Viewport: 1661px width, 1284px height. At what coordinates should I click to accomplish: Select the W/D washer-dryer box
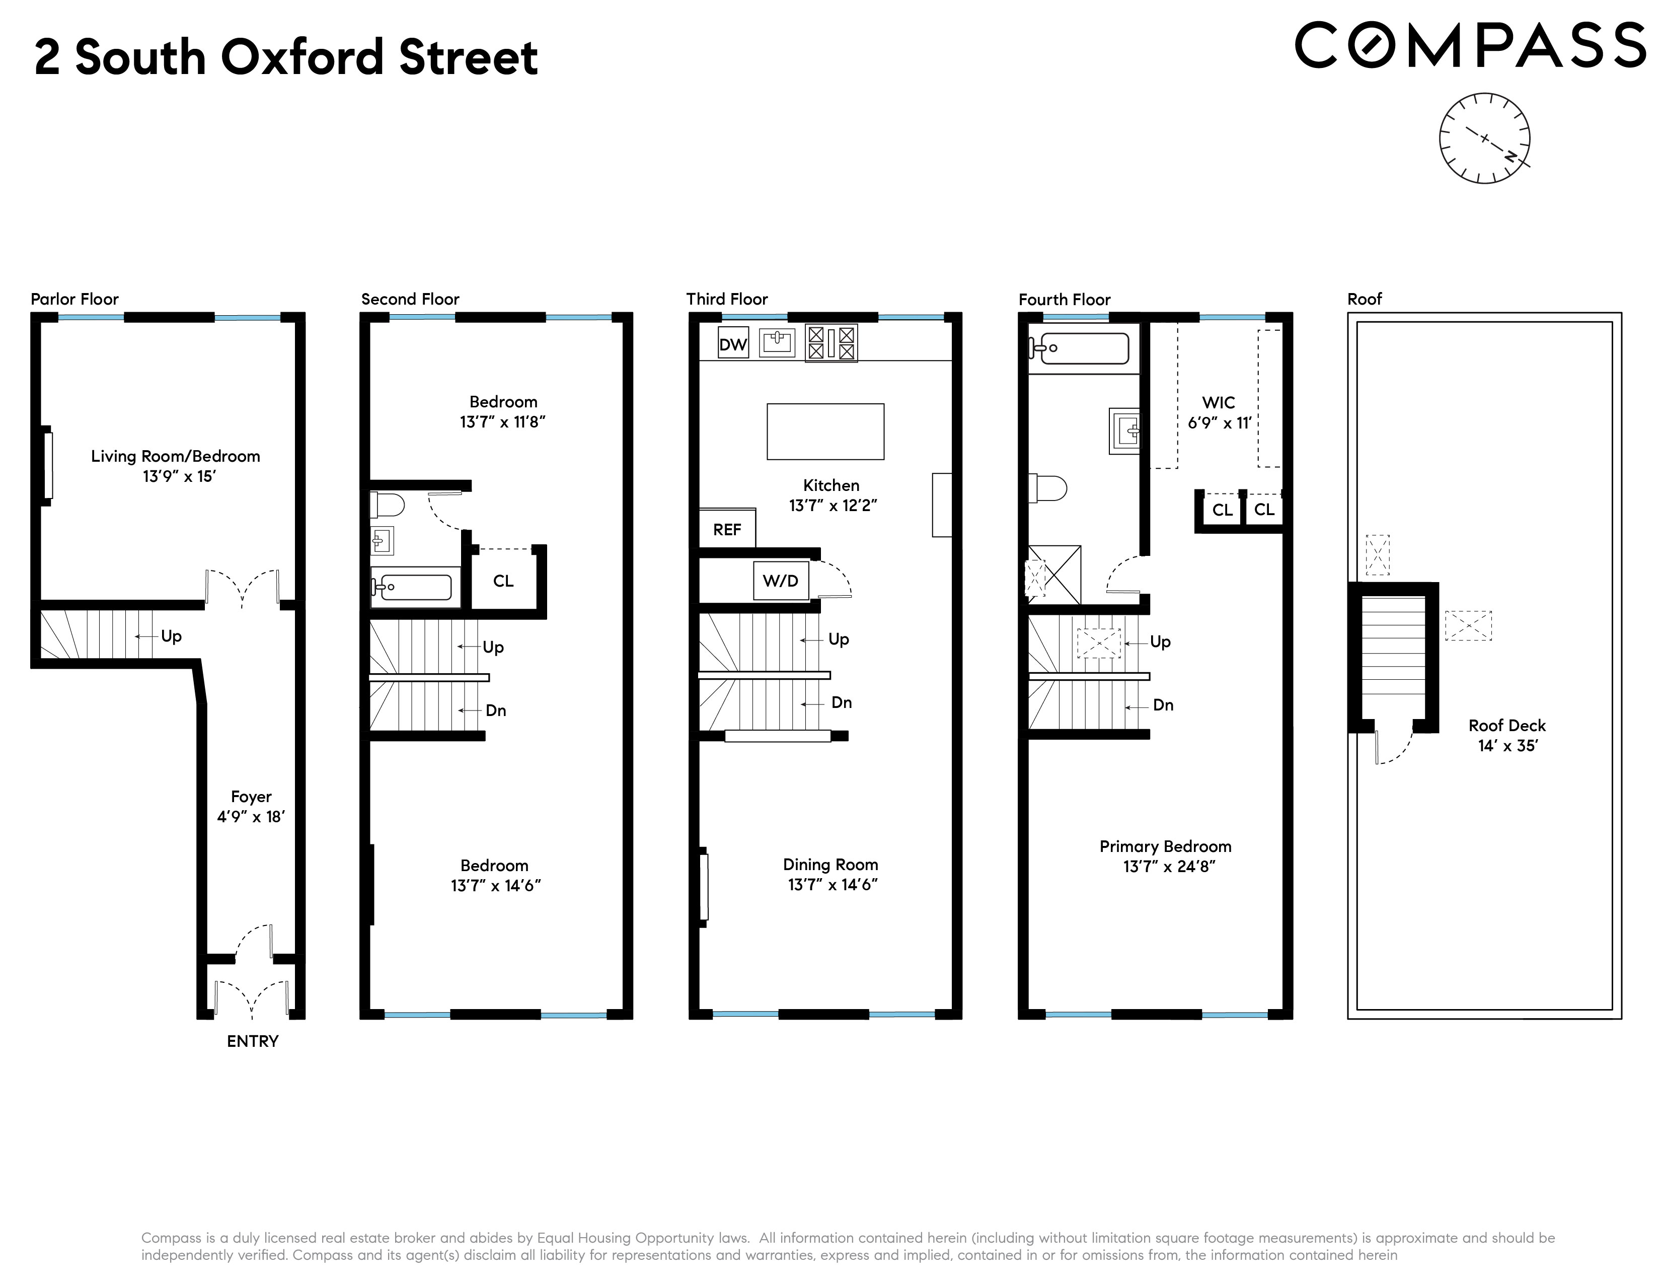[x=780, y=581]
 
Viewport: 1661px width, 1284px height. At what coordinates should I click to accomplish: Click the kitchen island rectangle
[x=825, y=432]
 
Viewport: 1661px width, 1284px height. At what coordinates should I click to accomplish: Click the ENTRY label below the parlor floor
[x=253, y=1041]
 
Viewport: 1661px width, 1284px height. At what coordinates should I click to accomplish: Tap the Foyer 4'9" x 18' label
[x=251, y=806]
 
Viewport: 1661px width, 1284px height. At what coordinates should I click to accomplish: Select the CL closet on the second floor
[x=503, y=581]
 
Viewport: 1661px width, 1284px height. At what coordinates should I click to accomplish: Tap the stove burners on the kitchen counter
[x=832, y=342]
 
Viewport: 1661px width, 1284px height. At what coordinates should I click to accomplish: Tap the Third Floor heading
[x=727, y=299]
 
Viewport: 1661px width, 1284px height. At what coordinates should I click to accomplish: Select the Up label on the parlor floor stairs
[x=171, y=636]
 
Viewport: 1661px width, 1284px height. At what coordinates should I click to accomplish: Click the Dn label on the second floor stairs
[x=496, y=710]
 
